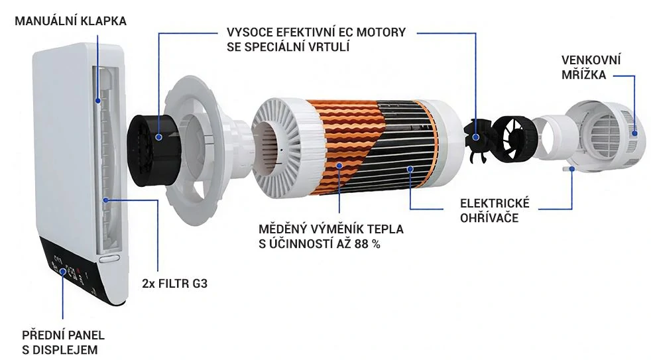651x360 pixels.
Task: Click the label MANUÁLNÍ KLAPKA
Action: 70,21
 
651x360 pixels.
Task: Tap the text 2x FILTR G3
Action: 174,284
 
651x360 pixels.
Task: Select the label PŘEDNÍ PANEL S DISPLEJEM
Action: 63,342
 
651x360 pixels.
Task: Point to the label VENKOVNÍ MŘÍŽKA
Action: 591,67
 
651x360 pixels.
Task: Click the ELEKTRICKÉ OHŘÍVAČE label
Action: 495,211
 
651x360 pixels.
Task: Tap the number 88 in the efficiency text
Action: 361,244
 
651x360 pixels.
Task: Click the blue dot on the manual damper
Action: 98,101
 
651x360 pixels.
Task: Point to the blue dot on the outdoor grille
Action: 634,133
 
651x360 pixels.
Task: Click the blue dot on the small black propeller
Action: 476,137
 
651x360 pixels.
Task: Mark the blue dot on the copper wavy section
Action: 339,166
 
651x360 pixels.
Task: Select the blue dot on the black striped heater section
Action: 410,168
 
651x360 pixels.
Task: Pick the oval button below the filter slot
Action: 109,259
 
